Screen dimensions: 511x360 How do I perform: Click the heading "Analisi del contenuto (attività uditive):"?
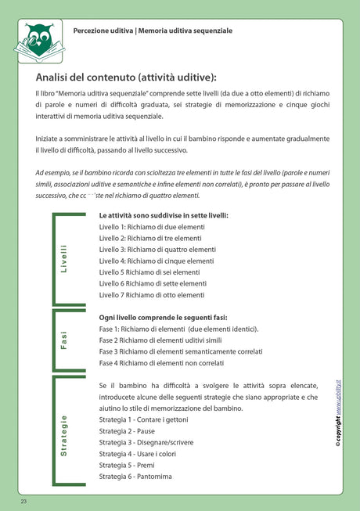pyautogui.click(x=125, y=77)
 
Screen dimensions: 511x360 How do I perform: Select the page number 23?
pyautogui.click(x=24, y=500)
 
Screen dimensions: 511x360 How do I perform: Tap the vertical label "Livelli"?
pyautogui.click(x=63, y=258)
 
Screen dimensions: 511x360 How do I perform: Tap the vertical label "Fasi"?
pyautogui.click(x=63, y=340)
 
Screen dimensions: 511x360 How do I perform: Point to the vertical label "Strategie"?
pyautogui.click(x=63, y=435)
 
